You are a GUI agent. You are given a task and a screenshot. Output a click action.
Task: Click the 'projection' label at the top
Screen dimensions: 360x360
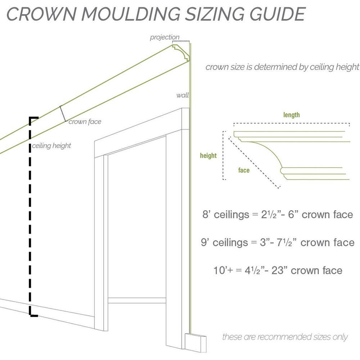click(165, 37)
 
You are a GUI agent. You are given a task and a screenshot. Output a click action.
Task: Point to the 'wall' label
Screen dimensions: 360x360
click(182, 95)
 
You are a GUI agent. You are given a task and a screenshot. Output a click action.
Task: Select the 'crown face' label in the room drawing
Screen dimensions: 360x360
click(85, 122)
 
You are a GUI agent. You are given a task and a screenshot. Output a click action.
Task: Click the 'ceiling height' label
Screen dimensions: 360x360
click(51, 146)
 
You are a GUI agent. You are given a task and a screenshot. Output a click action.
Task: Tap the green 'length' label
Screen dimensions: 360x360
click(291, 115)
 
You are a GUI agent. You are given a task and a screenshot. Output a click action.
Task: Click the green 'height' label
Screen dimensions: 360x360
click(208, 156)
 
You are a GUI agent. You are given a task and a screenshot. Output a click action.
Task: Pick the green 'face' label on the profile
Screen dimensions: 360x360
click(244, 170)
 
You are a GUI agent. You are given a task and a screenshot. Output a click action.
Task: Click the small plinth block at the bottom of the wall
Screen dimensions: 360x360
click(195, 343)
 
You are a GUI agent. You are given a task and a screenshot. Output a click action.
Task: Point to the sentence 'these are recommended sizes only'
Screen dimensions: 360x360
click(285, 337)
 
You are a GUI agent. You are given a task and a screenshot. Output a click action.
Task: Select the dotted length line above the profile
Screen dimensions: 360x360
click(291, 124)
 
